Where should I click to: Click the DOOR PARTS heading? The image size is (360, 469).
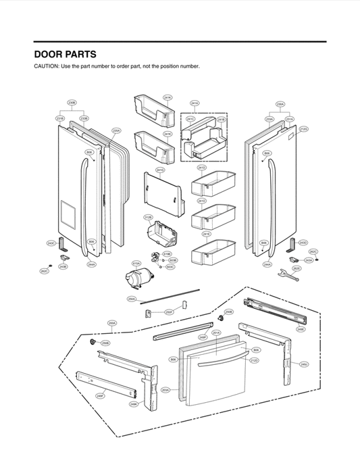coord(65,54)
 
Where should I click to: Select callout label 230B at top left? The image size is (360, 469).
coord(72,103)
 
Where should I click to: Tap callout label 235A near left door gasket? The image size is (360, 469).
coord(116,130)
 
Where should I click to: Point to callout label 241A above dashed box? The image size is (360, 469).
coord(195,103)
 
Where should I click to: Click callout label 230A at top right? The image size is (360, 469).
coord(280,104)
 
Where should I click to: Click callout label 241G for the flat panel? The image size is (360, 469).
coord(160,170)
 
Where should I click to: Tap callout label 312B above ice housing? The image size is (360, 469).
coord(148,217)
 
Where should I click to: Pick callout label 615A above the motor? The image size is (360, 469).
coord(136,264)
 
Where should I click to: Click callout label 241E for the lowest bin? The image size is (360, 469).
coord(207,233)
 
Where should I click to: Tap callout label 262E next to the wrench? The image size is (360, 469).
coord(296,268)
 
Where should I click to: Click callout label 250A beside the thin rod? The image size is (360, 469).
coord(132,298)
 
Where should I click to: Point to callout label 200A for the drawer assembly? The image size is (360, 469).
coord(112,323)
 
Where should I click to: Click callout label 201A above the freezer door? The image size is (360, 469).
coord(216,332)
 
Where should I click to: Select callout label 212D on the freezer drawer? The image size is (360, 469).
coord(254,361)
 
